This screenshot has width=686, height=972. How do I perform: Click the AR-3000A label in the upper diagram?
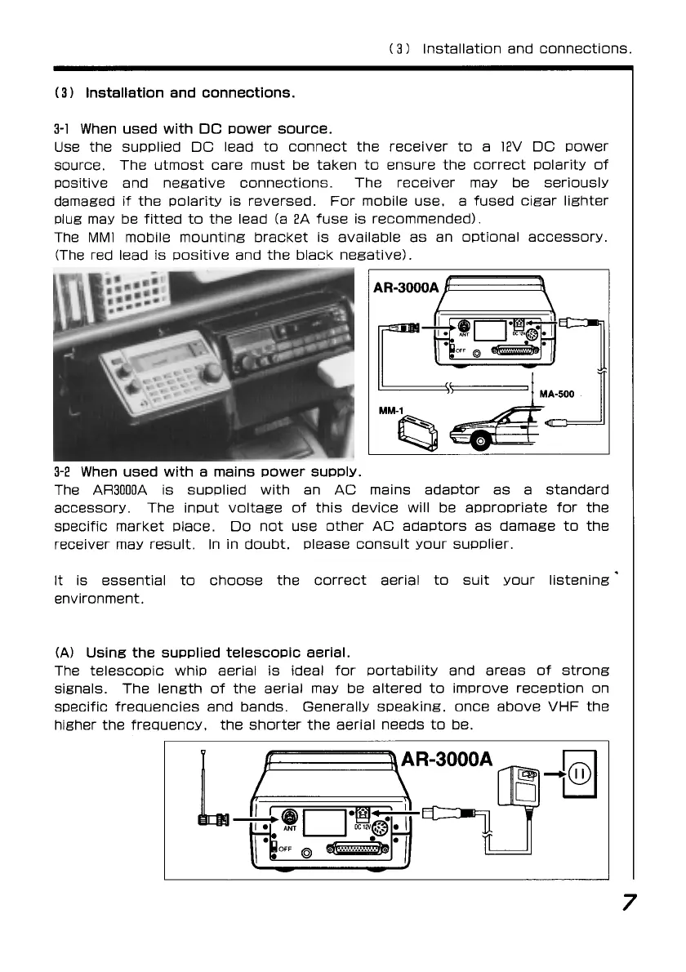point(406,288)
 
